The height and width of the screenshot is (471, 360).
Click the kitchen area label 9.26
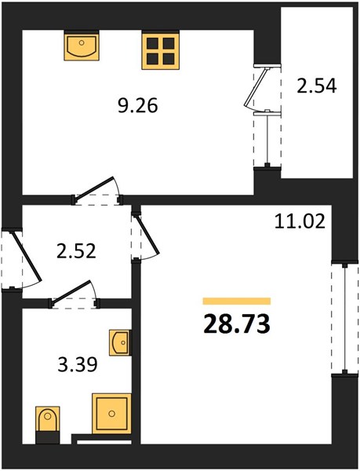tap(138, 106)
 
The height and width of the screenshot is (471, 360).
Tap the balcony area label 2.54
tap(317, 86)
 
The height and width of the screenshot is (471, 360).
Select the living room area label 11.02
tap(300, 222)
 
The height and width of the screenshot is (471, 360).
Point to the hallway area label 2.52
tap(76, 251)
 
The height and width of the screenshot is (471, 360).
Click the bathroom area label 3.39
tap(78, 365)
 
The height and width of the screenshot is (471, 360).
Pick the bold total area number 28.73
tap(237, 325)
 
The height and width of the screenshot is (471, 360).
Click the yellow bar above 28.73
tap(237, 301)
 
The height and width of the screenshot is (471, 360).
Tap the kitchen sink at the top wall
tap(82, 47)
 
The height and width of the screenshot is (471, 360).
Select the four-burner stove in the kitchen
tap(161, 51)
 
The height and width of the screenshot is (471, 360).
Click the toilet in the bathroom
tap(47, 418)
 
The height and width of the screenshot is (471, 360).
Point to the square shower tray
tap(111, 414)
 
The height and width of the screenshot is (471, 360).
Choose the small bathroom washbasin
tap(120, 343)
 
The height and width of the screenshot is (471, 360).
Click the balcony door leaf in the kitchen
tap(256, 87)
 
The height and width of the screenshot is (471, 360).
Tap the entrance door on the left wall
tap(26, 256)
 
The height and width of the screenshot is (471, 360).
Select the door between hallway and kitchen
tap(94, 188)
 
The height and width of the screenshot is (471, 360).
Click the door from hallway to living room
tap(147, 234)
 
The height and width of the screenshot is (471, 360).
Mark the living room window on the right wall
tap(345, 319)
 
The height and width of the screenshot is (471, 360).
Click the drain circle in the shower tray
tap(112, 414)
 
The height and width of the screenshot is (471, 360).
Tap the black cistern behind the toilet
tap(48, 437)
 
